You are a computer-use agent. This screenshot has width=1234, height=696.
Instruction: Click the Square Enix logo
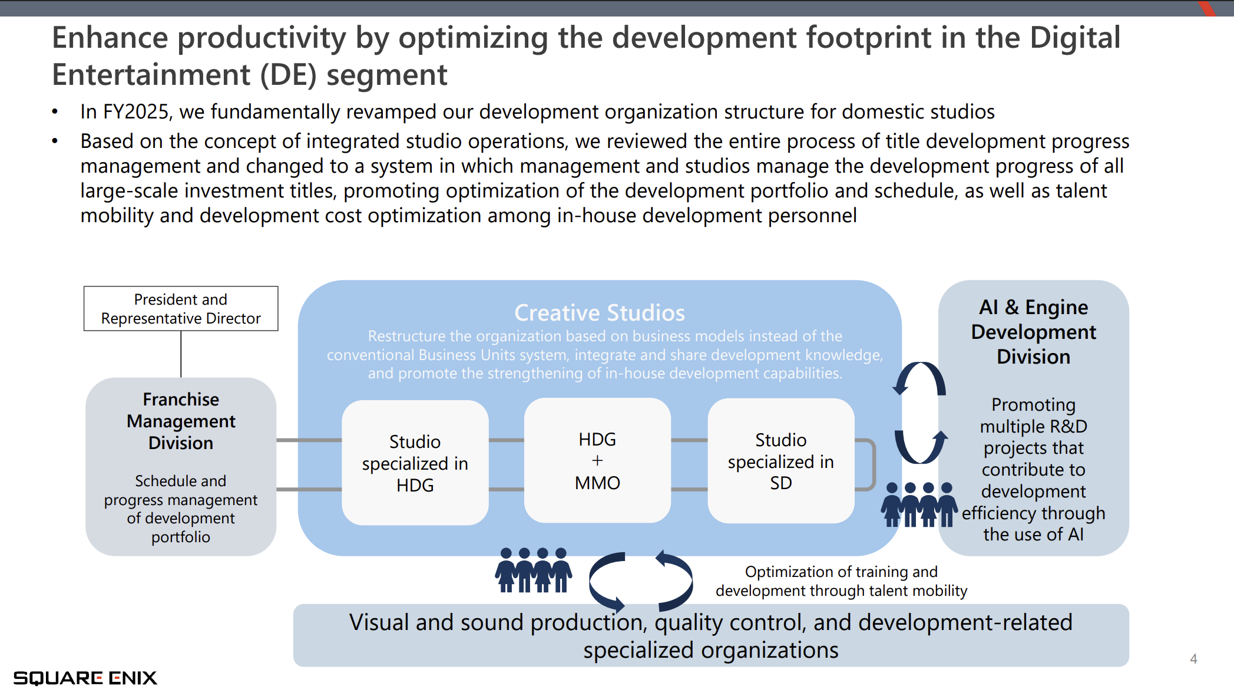[x=85, y=678]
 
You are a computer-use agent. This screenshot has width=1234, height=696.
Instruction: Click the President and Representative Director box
[x=181, y=309]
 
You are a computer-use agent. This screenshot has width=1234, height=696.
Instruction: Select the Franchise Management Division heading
[x=181, y=421]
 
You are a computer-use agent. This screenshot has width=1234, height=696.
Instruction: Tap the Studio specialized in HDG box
[x=415, y=463]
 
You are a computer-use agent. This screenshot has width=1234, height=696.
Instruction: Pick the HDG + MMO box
[x=597, y=461]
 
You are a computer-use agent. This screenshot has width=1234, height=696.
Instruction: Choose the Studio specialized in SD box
[x=781, y=461]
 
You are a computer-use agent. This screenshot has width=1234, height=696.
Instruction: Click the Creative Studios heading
[x=600, y=312]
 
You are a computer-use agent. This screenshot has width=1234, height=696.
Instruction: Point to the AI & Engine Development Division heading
[x=1034, y=332]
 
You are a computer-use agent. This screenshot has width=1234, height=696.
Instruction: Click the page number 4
[x=1193, y=659]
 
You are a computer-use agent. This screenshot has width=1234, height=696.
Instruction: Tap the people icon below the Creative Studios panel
[x=533, y=570]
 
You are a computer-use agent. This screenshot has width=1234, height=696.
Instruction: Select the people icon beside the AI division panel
[x=919, y=504]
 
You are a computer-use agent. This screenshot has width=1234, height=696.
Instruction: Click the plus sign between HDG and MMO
[x=597, y=461]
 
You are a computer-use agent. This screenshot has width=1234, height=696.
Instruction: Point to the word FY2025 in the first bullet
[x=137, y=112]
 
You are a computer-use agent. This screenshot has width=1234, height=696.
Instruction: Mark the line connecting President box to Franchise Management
[x=181, y=354]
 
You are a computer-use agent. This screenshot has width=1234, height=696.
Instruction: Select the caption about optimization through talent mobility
[x=841, y=581]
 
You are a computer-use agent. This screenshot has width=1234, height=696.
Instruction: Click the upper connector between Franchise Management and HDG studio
[x=309, y=440]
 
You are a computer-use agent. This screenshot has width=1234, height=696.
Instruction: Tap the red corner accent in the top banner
[x=1207, y=8]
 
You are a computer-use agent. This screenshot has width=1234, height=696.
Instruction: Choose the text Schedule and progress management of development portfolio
[x=181, y=509]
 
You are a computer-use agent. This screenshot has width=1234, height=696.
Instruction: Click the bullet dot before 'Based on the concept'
[x=55, y=141]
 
